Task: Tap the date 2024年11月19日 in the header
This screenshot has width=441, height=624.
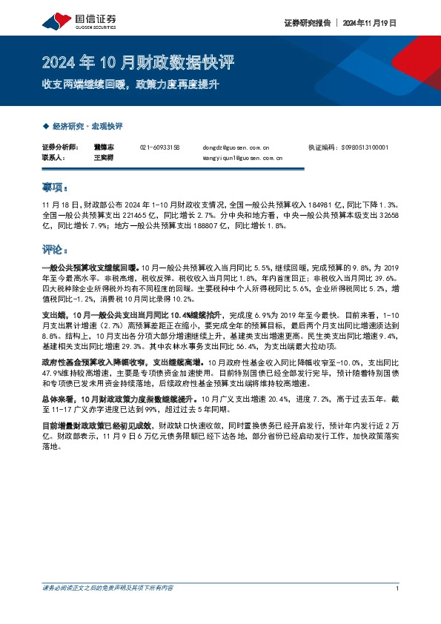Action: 369,23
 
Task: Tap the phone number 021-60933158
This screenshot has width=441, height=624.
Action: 160,147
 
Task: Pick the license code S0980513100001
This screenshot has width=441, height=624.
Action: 368,147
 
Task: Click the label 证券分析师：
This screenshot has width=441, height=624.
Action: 59,147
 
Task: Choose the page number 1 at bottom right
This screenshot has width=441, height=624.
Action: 398,588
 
